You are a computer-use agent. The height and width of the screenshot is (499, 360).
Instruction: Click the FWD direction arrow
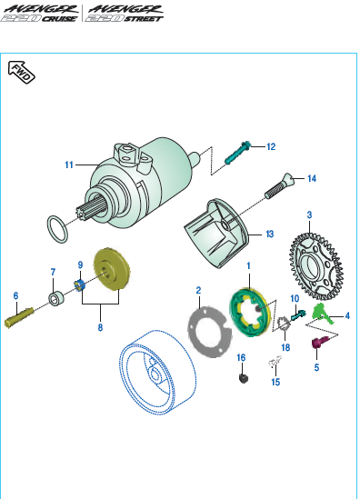pyautogui.click(x=21, y=72)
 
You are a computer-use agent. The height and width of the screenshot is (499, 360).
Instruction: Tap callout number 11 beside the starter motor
pyautogui.click(x=69, y=165)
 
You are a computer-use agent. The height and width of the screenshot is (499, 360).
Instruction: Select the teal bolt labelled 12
pyautogui.click(x=238, y=153)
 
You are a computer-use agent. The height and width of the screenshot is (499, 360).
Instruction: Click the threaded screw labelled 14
pyautogui.click(x=279, y=186)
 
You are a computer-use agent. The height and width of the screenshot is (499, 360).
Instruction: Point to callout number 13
pyautogui.click(x=270, y=235)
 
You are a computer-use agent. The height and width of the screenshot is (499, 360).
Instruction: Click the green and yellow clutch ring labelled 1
pyautogui.click(x=251, y=311)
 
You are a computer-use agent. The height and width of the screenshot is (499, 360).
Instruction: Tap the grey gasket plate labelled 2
pyautogui.click(x=209, y=332)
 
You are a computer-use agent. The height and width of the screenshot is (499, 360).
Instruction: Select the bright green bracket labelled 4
pyautogui.click(x=322, y=314)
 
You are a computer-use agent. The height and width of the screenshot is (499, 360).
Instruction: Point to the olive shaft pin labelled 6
pyautogui.click(x=19, y=317)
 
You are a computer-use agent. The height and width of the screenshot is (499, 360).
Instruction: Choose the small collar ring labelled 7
pyautogui.click(x=56, y=298)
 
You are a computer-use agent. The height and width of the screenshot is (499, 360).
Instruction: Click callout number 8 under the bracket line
pyautogui.click(x=100, y=327)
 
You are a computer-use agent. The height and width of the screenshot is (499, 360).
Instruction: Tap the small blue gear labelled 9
pyautogui.click(x=79, y=284)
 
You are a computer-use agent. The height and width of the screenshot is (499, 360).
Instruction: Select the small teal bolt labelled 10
pyautogui.click(x=298, y=315)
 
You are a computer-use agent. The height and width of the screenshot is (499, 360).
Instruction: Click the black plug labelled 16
pyautogui.click(x=244, y=378)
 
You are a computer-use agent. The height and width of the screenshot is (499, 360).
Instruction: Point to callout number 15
pyautogui.click(x=275, y=382)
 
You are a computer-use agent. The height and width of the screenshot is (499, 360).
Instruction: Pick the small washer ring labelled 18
pyautogui.click(x=284, y=324)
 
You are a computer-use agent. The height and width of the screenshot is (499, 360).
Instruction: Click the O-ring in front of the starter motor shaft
pyautogui.click(x=57, y=229)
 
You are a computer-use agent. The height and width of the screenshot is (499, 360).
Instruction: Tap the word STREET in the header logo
pyautogui.click(x=144, y=19)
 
